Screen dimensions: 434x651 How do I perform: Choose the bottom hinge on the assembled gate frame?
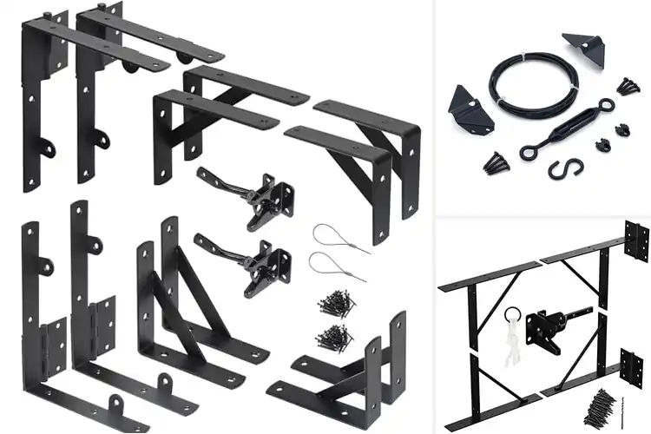[632, 365]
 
